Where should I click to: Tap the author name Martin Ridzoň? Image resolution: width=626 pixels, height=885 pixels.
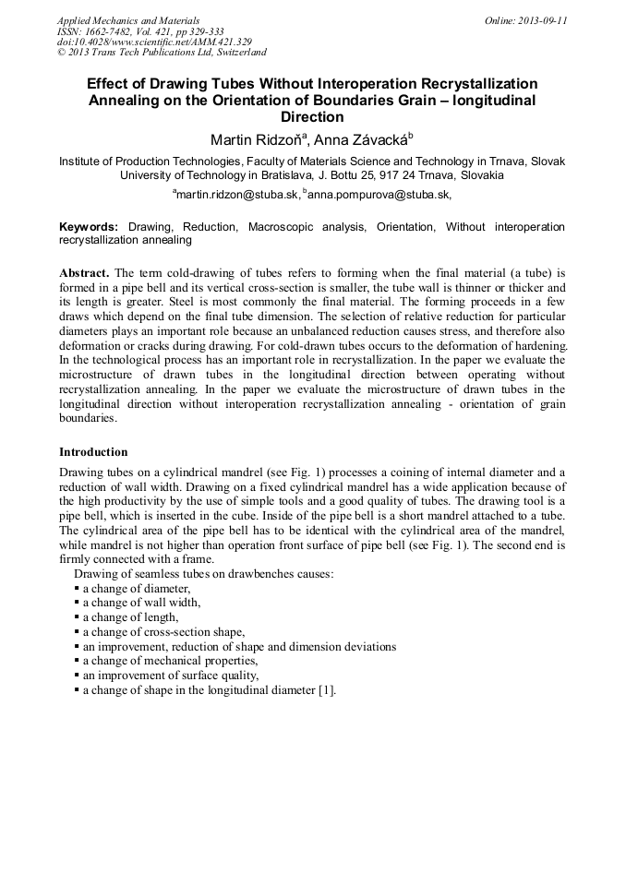click(x=254, y=140)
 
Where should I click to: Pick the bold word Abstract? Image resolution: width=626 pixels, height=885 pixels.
click(x=84, y=274)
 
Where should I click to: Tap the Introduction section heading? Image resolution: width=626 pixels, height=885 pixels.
click(x=93, y=452)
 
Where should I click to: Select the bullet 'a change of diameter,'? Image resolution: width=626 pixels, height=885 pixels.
click(x=137, y=589)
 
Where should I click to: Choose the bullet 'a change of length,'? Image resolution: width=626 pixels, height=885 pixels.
click(x=130, y=617)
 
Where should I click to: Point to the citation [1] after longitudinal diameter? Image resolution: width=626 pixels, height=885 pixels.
click(x=327, y=690)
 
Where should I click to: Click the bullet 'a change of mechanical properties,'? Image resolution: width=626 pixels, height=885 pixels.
click(x=170, y=661)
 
